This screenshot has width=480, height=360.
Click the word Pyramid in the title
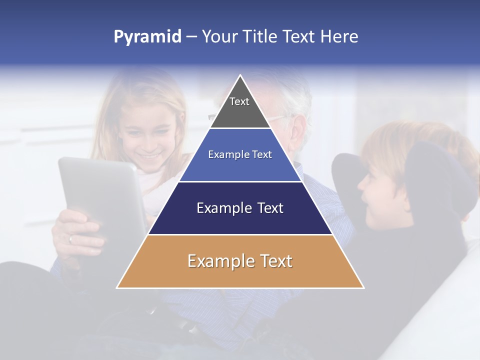coord(147,37)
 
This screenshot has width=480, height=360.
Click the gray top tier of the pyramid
coord(240,107)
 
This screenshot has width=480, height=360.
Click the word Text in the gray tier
coord(239,101)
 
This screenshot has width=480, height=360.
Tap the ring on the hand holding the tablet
coord(70,239)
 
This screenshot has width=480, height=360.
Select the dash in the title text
coord(191,37)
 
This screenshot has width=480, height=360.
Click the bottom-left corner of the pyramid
coord(117,287)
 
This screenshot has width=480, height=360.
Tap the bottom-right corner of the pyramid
coord(363,287)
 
